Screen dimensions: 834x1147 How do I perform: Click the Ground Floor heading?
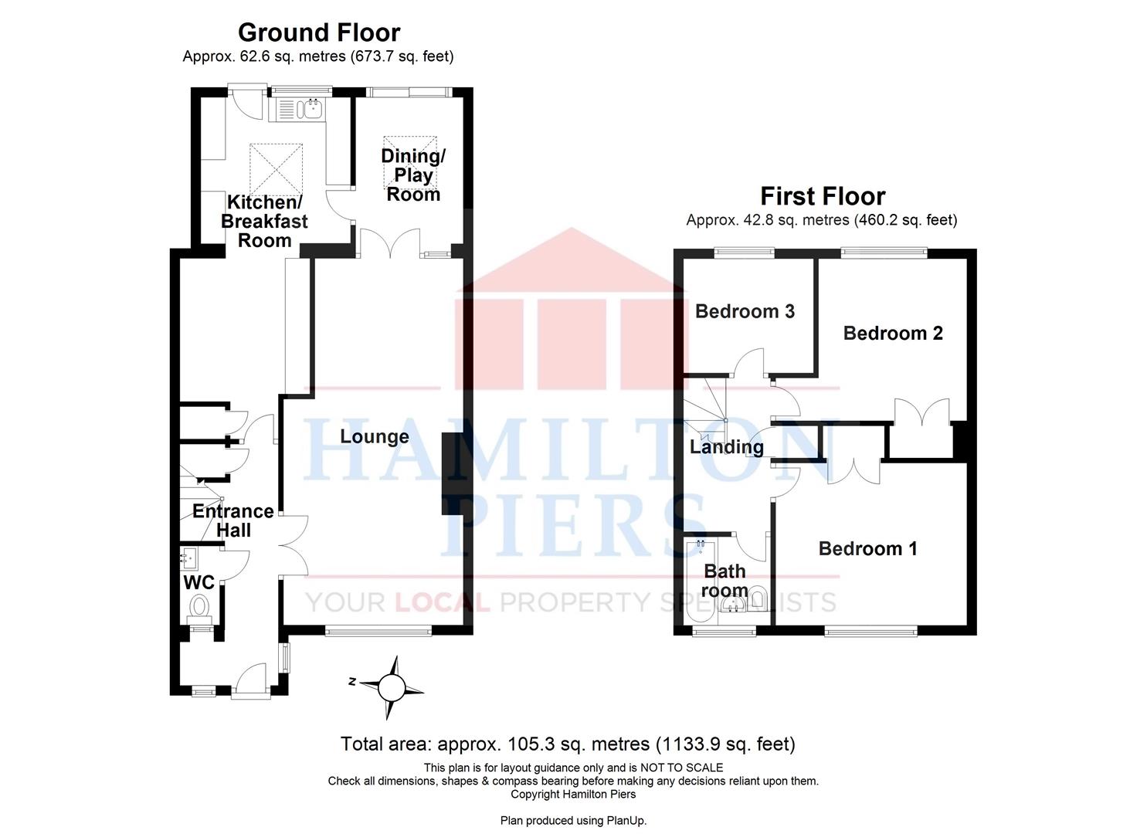pos(318,32)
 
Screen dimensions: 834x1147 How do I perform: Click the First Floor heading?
pos(822,196)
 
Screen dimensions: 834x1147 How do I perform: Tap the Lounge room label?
pos(375,437)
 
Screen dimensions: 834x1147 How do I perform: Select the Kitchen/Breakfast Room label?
pos(264,222)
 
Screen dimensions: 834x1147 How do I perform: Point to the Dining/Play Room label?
pos(413,175)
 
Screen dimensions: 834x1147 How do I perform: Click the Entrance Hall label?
pos(232,520)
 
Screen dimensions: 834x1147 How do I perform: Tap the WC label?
pos(199,582)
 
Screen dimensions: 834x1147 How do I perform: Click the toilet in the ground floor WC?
pos(201,605)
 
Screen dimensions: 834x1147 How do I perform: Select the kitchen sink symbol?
pos(311,110)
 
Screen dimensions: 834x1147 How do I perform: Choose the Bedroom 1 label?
pos(867,549)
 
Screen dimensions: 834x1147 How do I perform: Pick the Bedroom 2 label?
pos(893,334)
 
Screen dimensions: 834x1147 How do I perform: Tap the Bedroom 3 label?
pos(745,312)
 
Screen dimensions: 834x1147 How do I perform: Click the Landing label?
pos(726,447)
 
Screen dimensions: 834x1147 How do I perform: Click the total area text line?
pos(568,744)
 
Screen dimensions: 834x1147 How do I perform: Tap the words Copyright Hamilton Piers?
pos(573,794)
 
